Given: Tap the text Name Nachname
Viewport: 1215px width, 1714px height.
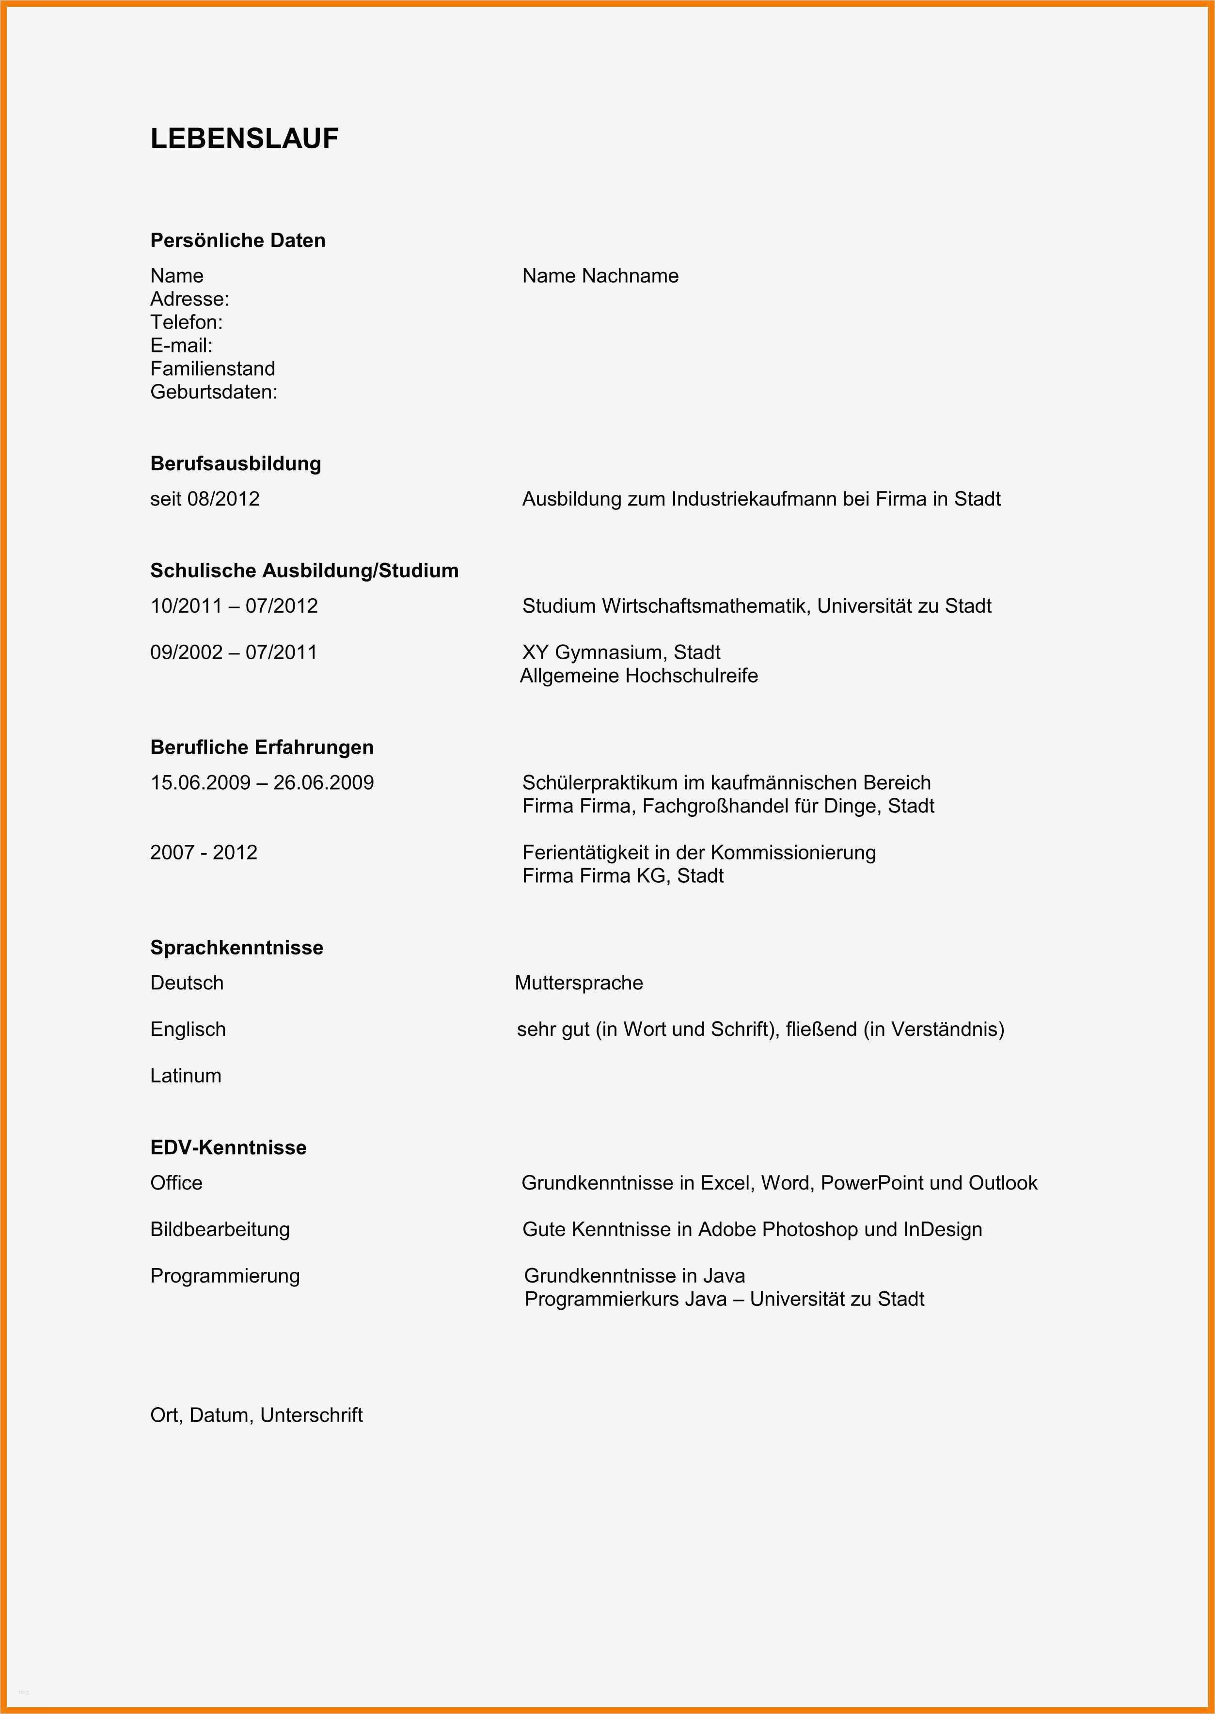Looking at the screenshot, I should tap(600, 276).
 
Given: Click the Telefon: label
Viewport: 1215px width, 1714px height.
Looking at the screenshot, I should tap(186, 322).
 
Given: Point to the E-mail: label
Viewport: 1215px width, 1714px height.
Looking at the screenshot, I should tap(181, 346).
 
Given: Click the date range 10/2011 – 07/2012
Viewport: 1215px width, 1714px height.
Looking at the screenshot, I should tap(234, 606).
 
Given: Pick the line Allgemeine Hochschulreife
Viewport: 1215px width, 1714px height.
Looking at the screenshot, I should tap(639, 676).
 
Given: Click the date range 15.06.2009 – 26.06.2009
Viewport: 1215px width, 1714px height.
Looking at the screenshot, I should tap(262, 782).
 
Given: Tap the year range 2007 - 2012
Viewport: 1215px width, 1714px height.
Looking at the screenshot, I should tap(204, 852).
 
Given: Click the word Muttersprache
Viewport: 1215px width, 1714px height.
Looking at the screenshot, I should tap(578, 983).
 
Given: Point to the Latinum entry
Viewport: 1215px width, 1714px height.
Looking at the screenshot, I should tap(186, 1075).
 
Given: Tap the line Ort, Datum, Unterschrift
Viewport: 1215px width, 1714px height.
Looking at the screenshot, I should tap(256, 1415).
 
